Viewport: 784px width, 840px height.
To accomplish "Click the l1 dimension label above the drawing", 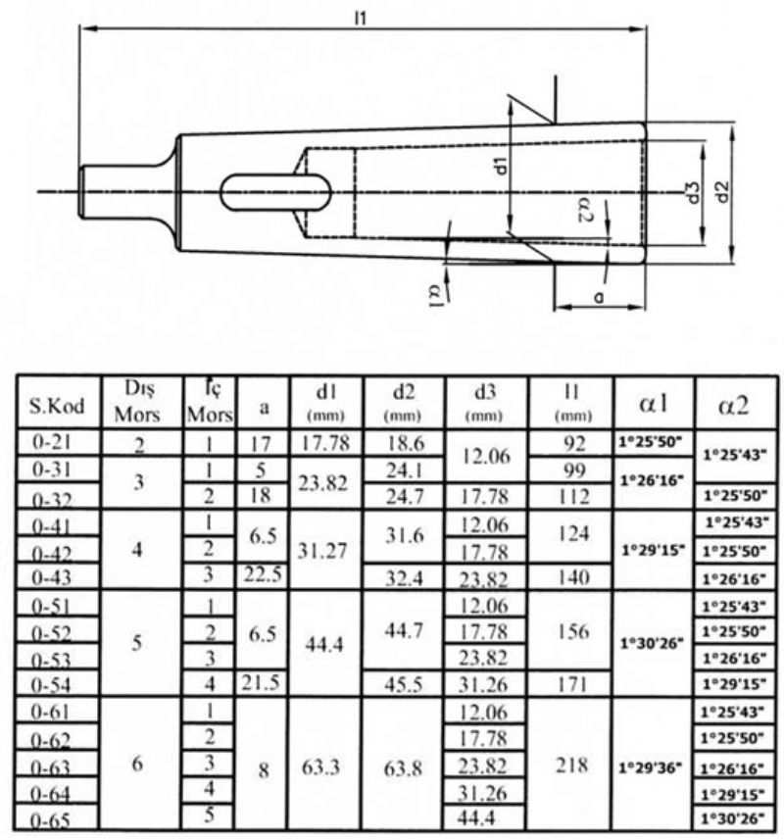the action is [x=361, y=19].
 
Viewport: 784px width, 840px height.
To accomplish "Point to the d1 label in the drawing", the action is [x=501, y=166].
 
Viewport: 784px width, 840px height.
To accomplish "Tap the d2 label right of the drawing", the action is [x=723, y=192].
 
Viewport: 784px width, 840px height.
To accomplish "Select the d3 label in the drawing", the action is [x=694, y=193].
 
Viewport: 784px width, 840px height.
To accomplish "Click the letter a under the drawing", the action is [x=599, y=296].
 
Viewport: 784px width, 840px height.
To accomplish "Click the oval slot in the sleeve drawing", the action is [x=275, y=192].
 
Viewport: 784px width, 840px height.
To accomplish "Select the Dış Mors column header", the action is [x=137, y=402].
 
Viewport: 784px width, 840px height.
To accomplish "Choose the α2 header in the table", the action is [x=733, y=406].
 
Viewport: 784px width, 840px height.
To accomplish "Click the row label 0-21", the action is [x=53, y=442].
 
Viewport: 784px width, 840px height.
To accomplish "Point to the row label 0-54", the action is [x=51, y=685].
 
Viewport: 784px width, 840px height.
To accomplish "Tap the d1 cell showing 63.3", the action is [x=320, y=767].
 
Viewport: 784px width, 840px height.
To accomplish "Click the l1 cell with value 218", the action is [x=571, y=765].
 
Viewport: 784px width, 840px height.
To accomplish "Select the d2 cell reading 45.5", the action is [x=404, y=684].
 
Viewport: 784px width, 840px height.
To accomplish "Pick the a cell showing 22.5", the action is [x=262, y=574].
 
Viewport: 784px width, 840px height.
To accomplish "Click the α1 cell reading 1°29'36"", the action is [x=650, y=768].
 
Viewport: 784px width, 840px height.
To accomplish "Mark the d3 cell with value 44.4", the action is [x=476, y=817].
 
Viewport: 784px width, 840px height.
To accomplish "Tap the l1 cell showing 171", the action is [x=573, y=684].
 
